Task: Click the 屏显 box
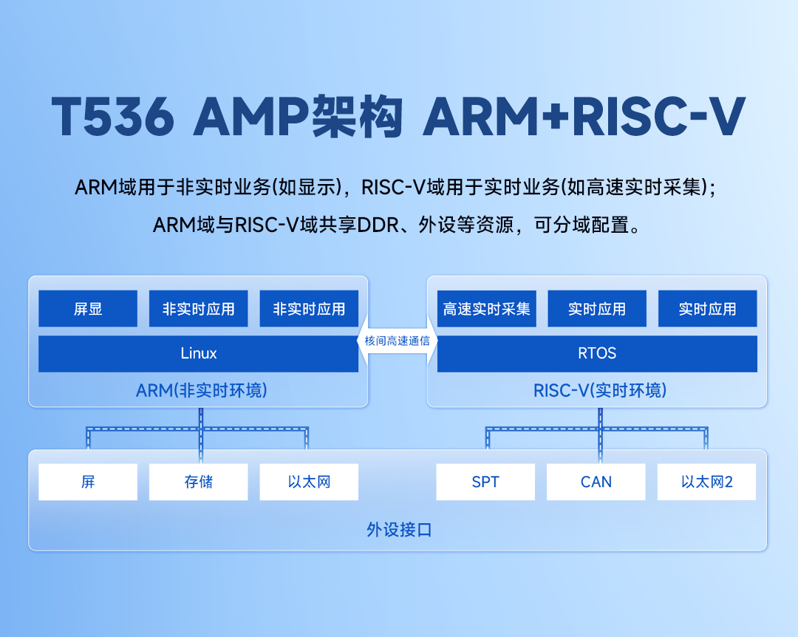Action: coord(88,309)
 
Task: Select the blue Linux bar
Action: coord(198,353)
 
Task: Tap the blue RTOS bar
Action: coord(597,353)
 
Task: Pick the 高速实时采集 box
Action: coord(486,309)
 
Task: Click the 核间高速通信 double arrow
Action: coord(398,341)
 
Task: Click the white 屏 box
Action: coord(88,482)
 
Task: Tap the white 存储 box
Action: coord(198,482)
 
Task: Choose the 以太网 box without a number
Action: coord(309,482)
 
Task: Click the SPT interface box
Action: coord(485,482)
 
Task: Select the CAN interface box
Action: coord(596,482)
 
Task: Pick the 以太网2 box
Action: coord(706,482)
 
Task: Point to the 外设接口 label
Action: coord(398,530)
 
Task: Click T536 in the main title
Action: coord(113,117)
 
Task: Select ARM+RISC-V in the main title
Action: coord(584,117)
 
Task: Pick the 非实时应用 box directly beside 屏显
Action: coord(198,309)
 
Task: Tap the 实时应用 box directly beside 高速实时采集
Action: coord(597,309)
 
